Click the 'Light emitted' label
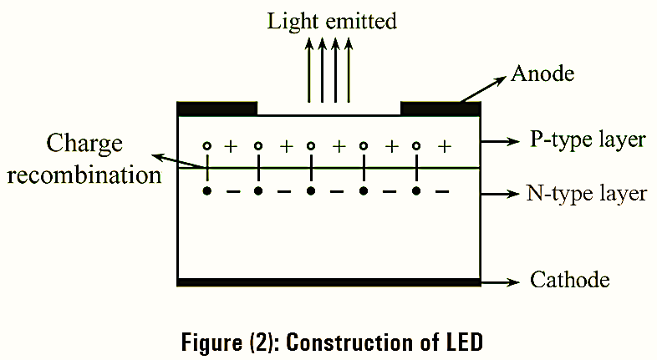tap(331, 21)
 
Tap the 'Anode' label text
tap(542, 74)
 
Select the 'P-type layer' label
tap(588, 140)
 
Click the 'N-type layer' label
tap(587, 194)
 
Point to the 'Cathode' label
tap(570, 279)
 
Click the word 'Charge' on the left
tap(84, 144)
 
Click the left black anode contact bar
tap(217, 109)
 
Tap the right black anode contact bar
tap(441, 109)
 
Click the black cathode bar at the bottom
tap(328, 282)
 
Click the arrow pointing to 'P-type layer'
tap(502, 142)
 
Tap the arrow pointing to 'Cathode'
tap(502, 281)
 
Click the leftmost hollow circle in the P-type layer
tap(206, 146)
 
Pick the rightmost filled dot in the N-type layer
tap(416, 192)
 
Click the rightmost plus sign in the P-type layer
tap(445, 146)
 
